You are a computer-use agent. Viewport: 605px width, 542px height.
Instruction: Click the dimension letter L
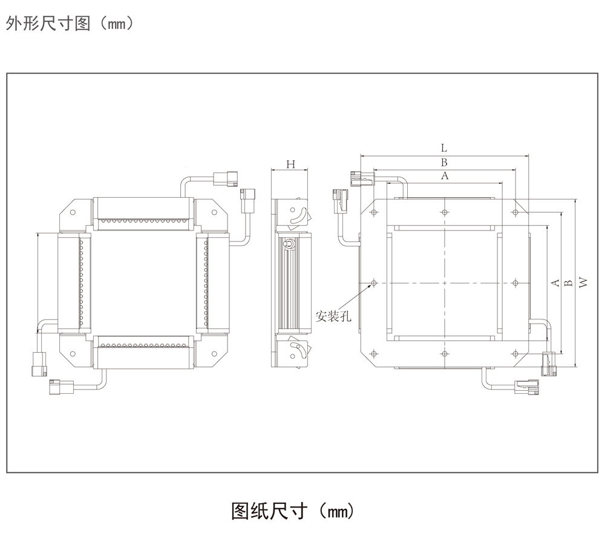pos(443,148)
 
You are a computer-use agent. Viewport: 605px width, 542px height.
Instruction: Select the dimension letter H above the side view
pos(290,165)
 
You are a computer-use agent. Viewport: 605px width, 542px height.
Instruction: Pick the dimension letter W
pos(582,282)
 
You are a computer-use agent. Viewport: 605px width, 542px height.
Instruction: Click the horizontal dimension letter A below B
pos(445,176)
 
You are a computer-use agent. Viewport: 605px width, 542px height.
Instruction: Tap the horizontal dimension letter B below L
pos(443,162)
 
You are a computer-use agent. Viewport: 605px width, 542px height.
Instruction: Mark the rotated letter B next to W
pos(567,282)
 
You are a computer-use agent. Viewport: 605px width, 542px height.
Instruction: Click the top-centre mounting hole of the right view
pos(445,212)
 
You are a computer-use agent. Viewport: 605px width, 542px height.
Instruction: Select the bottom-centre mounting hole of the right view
pos(445,353)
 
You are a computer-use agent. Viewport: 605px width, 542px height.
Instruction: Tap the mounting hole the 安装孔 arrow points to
pos(374,282)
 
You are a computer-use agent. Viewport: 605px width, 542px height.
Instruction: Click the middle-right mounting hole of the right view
pos(515,282)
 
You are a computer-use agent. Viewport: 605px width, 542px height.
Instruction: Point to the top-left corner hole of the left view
pos(73,212)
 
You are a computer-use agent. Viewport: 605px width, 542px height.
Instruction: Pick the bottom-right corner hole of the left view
pos(213,353)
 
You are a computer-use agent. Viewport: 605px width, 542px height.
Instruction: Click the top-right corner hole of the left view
pos(213,212)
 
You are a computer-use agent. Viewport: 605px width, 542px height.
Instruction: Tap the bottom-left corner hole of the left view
pos(73,353)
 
